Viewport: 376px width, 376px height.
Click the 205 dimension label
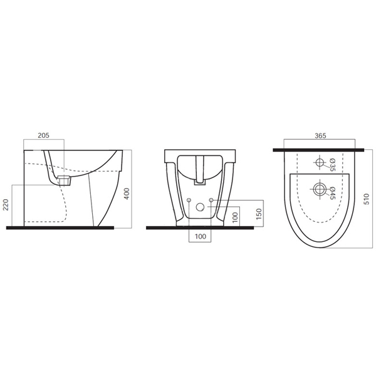44,135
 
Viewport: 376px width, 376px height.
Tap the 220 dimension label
6,205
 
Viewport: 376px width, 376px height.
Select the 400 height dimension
127,194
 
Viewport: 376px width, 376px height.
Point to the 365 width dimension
320,136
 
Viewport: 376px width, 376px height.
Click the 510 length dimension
367,199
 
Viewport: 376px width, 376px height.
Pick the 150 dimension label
259,214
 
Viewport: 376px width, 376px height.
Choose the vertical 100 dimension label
235,217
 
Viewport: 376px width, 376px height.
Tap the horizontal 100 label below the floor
201,236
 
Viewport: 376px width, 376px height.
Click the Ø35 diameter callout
332,165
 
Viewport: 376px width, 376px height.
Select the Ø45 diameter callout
332,193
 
